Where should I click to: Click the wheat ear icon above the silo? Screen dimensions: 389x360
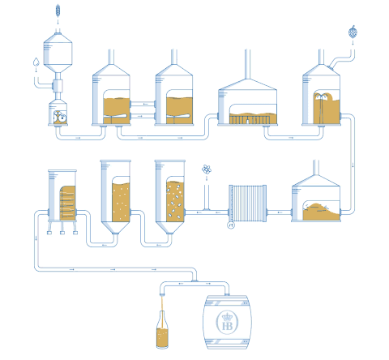pyautogui.click(x=58, y=11)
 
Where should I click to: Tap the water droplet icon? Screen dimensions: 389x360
pyautogui.click(x=36, y=62)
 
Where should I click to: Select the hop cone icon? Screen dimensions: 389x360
pyautogui.click(x=353, y=32)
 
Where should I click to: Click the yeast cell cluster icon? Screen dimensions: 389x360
pyautogui.click(x=207, y=169)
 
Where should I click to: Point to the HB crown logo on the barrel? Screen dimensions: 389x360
pyautogui.click(x=227, y=322)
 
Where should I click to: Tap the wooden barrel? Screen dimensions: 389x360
pyautogui.click(x=227, y=322)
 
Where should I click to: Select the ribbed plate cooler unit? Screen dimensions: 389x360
pyautogui.click(x=247, y=204)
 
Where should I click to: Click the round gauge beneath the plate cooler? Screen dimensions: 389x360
pyautogui.click(x=231, y=225)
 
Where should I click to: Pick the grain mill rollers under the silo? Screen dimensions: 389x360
pyautogui.click(x=60, y=117)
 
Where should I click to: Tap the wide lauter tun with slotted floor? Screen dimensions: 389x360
pyautogui.click(x=247, y=102)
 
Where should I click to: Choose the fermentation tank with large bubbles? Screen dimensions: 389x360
pyautogui.click(x=170, y=196)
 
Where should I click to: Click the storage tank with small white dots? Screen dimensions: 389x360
pyautogui.click(x=116, y=196)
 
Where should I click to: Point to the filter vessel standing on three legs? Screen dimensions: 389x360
pyautogui.click(x=62, y=201)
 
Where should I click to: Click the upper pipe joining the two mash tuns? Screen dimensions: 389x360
pyautogui.click(x=143, y=104)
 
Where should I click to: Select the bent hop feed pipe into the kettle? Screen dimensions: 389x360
pyautogui.click(x=343, y=58)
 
